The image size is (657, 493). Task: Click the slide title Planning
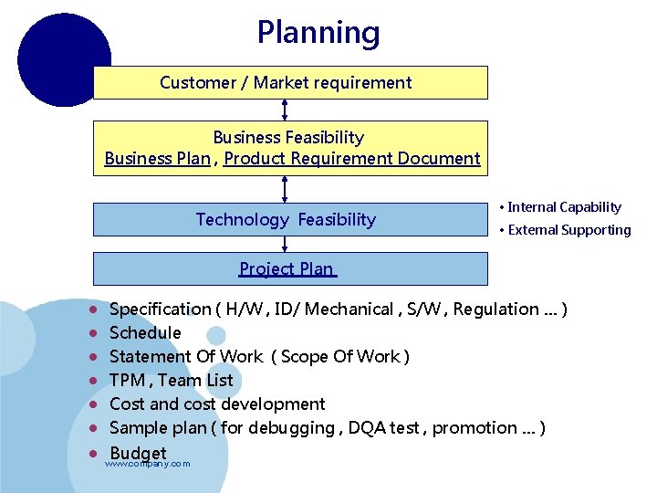[x=318, y=33]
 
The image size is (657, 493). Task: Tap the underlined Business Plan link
[x=157, y=159]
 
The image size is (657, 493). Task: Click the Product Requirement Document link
[x=351, y=159]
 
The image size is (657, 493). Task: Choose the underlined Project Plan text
[x=287, y=268]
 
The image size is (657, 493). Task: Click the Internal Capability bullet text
[x=564, y=207]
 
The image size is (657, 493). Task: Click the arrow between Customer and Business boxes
[x=286, y=110]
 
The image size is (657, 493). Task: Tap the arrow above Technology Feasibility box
[x=286, y=189]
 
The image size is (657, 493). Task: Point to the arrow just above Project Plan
[x=286, y=244]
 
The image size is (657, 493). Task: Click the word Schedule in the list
[x=145, y=333]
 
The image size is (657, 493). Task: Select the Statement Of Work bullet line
[x=259, y=357]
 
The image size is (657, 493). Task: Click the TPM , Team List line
[x=171, y=381]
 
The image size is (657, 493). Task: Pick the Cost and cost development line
[x=217, y=404]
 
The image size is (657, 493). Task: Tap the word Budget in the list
[x=138, y=453]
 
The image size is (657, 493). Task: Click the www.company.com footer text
[x=148, y=465]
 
